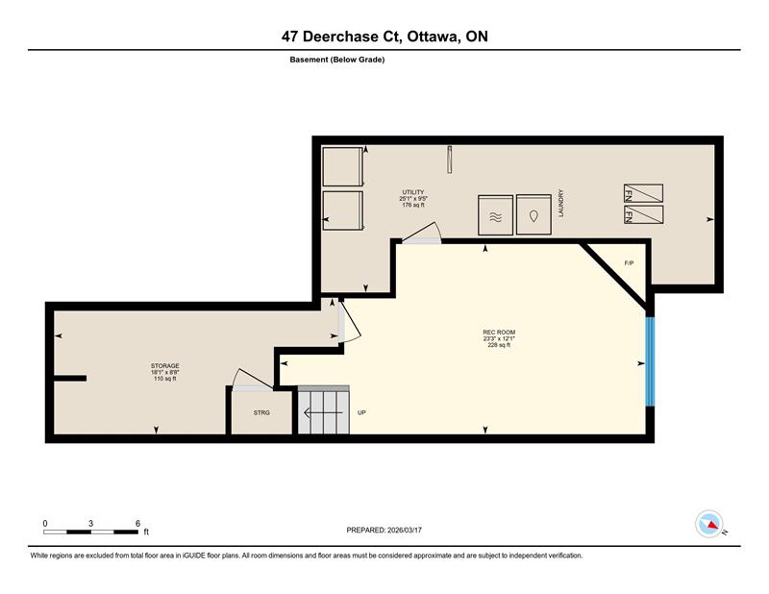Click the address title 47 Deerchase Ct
(x=342, y=37)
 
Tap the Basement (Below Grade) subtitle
(x=337, y=60)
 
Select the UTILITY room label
(x=413, y=192)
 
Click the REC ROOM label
(x=499, y=332)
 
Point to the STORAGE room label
(x=164, y=366)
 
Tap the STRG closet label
(x=261, y=413)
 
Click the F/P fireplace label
(x=629, y=263)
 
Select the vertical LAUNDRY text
(x=560, y=204)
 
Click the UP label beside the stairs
(x=361, y=413)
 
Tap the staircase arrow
(x=323, y=413)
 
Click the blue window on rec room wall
(x=650, y=362)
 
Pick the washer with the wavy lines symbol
(x=495, y=215)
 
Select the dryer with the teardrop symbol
(x=533, y=215)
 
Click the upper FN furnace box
(x=643, y=193)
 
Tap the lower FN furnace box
(x=643, y=215)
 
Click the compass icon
(x=709, y=524)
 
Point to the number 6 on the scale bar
(x=137, y=524)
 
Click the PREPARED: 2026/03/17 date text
(x=384, y=531)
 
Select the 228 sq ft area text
(x=499, y=345)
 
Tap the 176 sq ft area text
(x=413, y=205)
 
